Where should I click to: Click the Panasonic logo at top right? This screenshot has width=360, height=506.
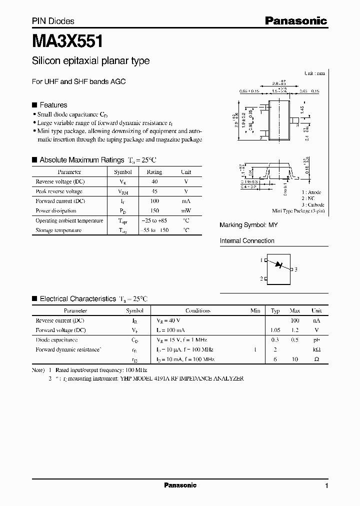point(295,21)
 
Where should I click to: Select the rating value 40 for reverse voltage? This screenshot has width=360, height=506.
point(154,182)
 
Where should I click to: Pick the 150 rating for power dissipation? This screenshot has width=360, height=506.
point(154,211)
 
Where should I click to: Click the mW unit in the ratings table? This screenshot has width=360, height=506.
point(186,211)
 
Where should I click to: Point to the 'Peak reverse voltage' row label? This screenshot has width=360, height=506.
point(59,191)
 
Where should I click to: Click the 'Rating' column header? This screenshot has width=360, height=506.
point(154,172)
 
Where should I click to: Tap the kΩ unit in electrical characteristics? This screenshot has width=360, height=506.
point(316,349)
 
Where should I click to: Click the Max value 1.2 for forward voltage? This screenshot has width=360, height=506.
point(295,330)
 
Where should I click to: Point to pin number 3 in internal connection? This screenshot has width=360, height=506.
point(296,269)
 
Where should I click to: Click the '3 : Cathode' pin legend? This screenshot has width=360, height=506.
point(313,205)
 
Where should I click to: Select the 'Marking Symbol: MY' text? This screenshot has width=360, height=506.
point(248,225)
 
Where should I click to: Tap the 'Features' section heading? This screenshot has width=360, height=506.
point(53,105)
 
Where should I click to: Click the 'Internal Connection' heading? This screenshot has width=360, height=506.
point(247,241)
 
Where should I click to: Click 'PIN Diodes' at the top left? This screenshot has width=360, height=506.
point(53,21)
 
